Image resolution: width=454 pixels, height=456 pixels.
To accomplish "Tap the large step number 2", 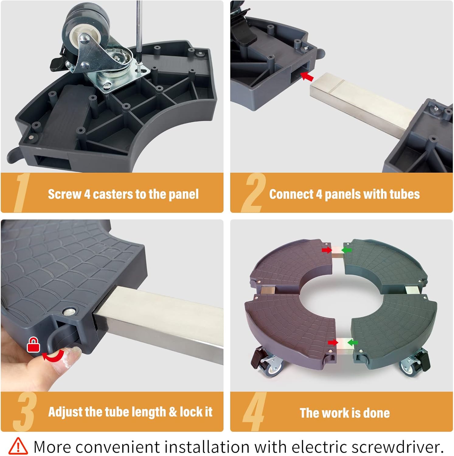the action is click(x=253, y=193).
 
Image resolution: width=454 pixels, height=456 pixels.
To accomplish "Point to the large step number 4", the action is click(x=255, y=412).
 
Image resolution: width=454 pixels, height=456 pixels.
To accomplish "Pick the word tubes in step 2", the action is click(x=405, y=194).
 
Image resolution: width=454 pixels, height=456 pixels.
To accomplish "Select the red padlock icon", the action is click(x=33, y=344).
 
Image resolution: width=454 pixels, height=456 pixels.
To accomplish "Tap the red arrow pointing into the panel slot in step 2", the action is click(x=307, y=76).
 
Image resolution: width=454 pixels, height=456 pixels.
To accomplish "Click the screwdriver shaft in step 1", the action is click(x=139, y=30).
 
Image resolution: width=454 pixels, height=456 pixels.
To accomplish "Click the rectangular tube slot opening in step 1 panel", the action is click(x=53, y=164).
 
